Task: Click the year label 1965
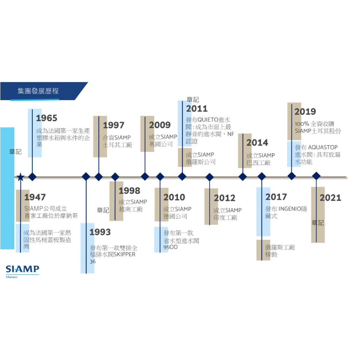[46, 118]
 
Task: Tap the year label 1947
[35, 197]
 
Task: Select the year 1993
[100, 232]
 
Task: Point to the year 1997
[114, 125]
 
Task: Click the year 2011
[197, 109]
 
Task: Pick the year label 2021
[330, 198]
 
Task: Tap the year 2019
[305, 112]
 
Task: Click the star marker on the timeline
[20, 177]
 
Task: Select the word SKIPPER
[124, 255]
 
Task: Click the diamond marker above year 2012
[210, 177]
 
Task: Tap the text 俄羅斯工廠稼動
[280, 251]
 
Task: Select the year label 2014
[257, 143]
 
